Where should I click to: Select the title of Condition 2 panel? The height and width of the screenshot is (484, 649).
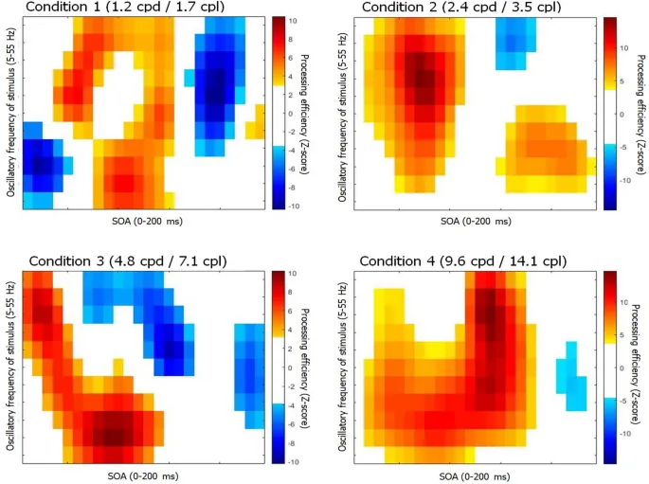[x=450, y=8]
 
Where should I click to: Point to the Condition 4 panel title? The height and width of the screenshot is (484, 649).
[x=455, y=260]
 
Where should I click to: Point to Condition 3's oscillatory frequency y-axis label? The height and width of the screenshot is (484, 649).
[x=9, y=365]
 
